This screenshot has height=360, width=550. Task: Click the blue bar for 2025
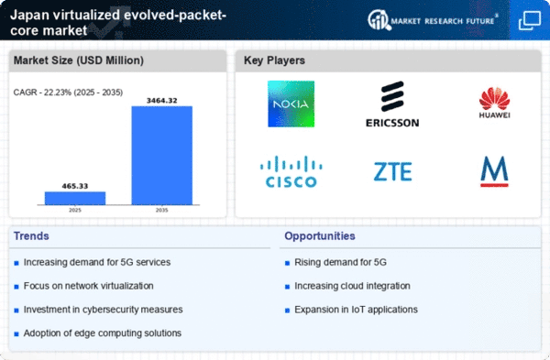pos(75,198)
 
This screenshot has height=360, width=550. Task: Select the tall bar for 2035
pos(162,156)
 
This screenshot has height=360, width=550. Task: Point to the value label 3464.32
pos(161,101)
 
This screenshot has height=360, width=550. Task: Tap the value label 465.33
pos(75,186)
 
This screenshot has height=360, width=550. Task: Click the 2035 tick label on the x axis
pos(161,211)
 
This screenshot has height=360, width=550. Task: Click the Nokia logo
pos(291,104)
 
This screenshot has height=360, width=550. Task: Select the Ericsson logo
pos(392,104)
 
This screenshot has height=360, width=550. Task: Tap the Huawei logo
pos(494,103)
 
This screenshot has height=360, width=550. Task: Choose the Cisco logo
pos(291,172)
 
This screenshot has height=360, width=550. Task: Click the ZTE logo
pos(393,172)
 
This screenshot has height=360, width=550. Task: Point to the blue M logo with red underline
pos(494,171)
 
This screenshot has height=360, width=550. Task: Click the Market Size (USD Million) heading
pos(79,60)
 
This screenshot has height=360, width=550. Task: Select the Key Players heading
pos(274,60)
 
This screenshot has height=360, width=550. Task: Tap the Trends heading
pos(31,236)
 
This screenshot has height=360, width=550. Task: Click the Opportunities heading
pos(320,236)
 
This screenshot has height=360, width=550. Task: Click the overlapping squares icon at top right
pos(530,20)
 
